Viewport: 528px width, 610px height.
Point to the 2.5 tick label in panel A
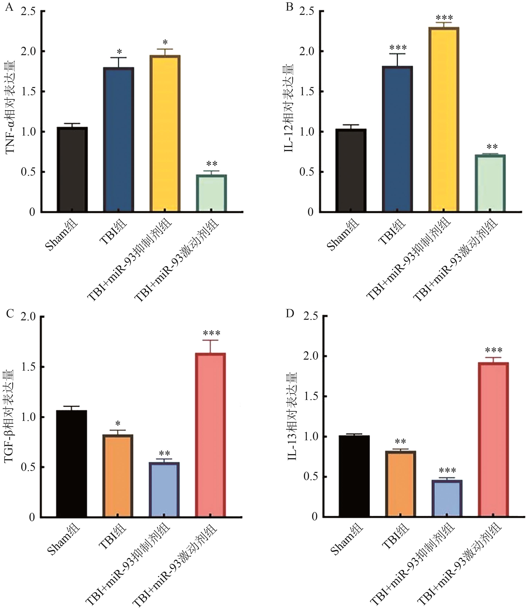point(28,12)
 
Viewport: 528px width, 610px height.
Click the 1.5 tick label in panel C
point(28,367)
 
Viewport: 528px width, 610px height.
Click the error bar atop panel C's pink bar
point(210,346)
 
